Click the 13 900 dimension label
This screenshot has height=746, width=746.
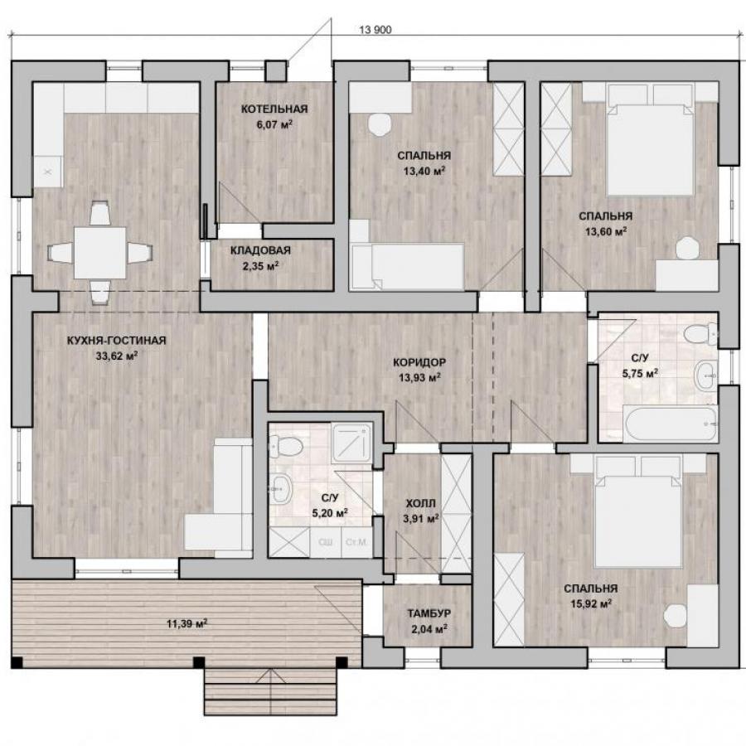(375, 30)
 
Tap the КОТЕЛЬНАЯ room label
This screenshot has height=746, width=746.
(274, 109)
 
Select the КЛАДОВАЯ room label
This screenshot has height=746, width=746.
(260, 250)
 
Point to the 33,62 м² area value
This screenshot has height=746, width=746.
(117, 356)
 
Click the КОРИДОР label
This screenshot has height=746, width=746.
(419, 362)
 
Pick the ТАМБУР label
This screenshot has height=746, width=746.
(429, 613)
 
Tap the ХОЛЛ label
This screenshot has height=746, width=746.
(420, 503)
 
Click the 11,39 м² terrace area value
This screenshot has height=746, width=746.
(186, 623)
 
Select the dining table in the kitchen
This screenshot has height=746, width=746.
(100, 253)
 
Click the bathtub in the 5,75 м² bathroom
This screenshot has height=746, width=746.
(671, 423)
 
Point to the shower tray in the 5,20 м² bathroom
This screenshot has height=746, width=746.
(351, 443)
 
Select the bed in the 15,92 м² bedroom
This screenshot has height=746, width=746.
(638, 512)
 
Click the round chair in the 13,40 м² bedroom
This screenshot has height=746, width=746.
(379, 125)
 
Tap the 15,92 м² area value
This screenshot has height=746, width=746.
(591, 603)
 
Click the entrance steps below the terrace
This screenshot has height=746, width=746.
(271, 691)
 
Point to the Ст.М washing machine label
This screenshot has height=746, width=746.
(356, 542)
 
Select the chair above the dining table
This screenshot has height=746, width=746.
(100, 213)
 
